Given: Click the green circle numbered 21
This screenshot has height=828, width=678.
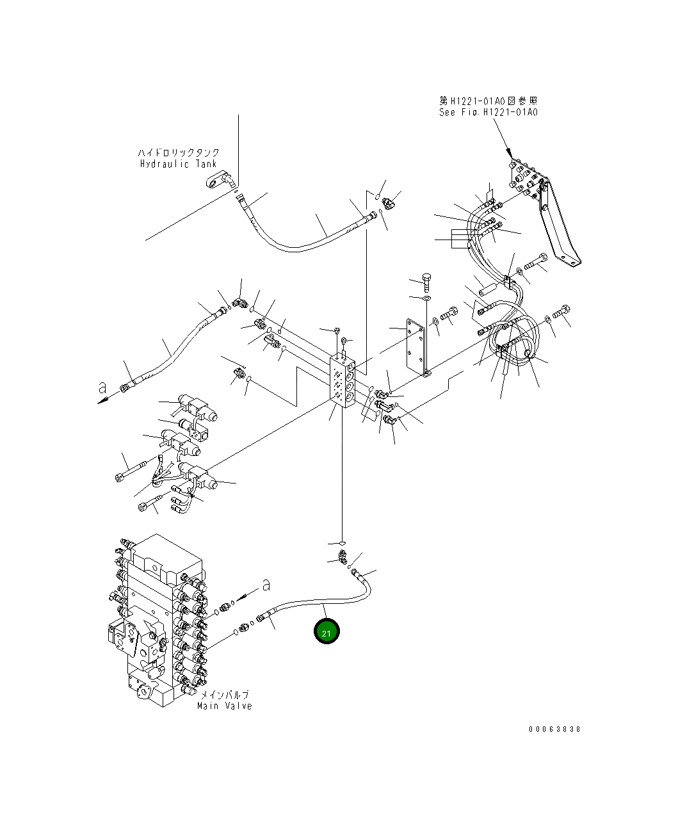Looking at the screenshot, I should [327, 631].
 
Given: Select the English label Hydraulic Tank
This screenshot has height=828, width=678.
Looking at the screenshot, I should [179, 164].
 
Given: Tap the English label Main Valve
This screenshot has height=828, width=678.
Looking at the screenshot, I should [224, 706].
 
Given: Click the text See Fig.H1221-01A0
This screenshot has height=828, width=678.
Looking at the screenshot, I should [488, 112].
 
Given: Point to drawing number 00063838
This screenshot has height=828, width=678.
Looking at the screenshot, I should [554, 729].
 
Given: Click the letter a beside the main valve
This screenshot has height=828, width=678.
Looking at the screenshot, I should [266, 584].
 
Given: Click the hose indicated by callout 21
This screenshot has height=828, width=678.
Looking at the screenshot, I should [320, 603].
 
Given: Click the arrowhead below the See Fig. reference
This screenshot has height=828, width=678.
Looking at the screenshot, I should [509, 153].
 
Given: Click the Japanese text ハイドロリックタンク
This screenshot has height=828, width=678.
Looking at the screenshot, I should [179, 153].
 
